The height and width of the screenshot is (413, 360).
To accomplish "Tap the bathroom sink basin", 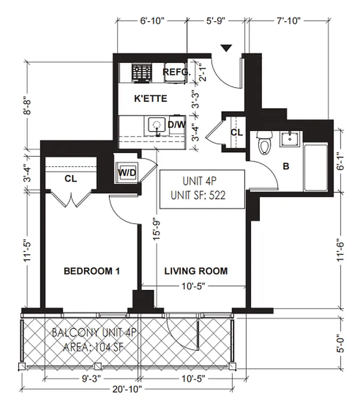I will [292, 139].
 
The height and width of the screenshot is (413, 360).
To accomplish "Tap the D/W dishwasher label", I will [176, 125].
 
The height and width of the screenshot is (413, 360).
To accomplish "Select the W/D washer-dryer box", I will [127, 172].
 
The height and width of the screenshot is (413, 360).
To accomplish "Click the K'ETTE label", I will [150, 98].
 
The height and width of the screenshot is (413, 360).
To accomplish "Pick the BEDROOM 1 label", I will [91, 271].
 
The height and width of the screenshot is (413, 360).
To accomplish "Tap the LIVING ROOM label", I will [196, 271].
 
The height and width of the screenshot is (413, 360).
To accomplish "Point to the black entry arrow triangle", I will [226, 49].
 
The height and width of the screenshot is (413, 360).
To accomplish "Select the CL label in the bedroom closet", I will [71, 179].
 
